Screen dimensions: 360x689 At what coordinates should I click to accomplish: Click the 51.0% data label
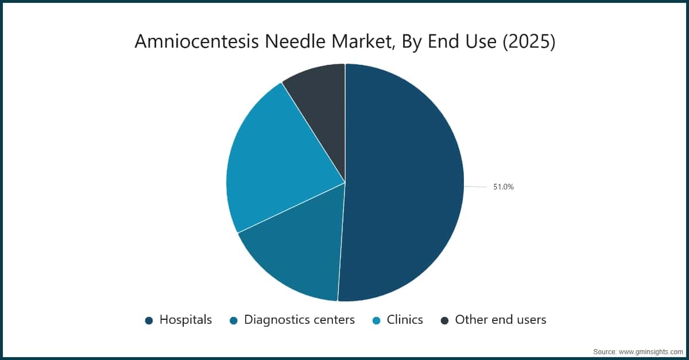[503, 187]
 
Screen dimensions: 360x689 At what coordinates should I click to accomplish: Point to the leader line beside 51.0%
[475, 187]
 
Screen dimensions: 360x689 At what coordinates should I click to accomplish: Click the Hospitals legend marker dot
[149, 320]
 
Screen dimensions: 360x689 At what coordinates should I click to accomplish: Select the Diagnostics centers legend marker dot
[234, 320]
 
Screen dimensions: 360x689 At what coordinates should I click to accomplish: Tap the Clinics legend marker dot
[376, 320]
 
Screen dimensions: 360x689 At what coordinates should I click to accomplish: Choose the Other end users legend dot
[444, 320]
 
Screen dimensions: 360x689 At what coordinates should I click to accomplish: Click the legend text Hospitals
[185, 320]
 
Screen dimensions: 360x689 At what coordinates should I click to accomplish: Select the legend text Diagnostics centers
[299, 320]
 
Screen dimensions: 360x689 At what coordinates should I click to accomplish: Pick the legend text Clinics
[405, 320]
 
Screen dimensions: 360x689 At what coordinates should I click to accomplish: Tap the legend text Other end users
[500, 320]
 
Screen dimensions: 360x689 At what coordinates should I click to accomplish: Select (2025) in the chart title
[528, 42]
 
